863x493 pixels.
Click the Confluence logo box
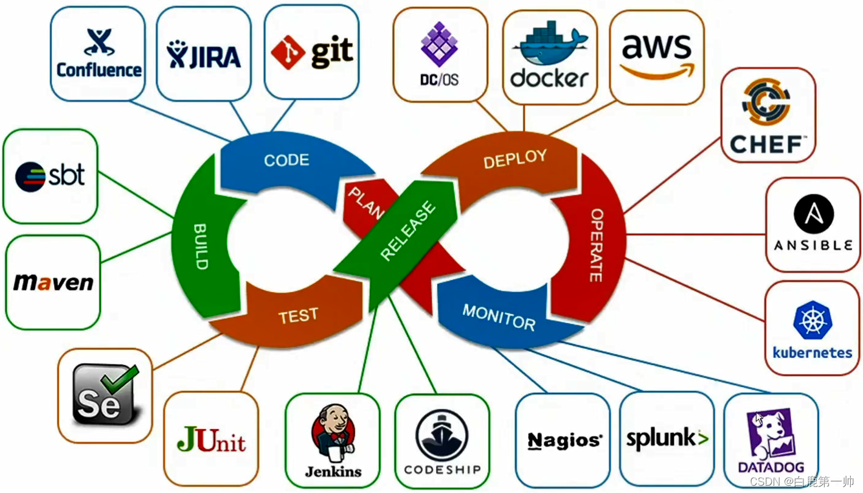point(98,54)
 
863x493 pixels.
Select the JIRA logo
point(204,55)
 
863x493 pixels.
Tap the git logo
point(312,52)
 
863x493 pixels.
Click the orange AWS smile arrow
point(657,71)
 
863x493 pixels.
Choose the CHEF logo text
point(768,144)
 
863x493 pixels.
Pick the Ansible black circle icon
point(813,214)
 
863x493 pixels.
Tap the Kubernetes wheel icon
point(813,320)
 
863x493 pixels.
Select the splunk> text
point(667,438)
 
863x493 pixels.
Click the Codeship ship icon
point(442,435)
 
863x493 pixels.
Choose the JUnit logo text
point(211,439)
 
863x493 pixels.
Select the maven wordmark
point(53,282)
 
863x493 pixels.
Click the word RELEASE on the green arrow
point(408,232)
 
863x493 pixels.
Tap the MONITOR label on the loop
point(499,317)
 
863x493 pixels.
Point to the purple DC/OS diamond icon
point(439,44)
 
